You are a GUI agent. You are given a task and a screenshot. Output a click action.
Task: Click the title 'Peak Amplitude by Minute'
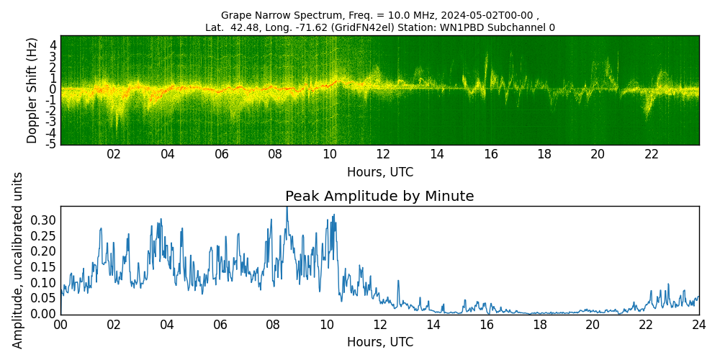(379, 197)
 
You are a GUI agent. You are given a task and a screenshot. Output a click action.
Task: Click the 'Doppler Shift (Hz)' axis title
(32, 90)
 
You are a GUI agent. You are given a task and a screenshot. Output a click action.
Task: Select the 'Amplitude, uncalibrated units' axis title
(18, 260)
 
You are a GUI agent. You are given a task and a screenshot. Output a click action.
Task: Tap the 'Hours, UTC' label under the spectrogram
(379, 173)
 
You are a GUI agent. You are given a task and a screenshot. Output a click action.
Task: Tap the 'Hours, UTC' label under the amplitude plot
(379, 342)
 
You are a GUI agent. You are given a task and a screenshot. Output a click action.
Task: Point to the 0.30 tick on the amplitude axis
(43, 220)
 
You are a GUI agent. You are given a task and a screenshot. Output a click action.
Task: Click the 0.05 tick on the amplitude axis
(43, 298)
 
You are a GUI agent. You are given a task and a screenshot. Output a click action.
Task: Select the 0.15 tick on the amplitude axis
(43, 266)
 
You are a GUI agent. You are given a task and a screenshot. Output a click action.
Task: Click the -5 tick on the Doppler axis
(52, 145)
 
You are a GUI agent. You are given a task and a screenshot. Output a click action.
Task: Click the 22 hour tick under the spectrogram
(652, 154)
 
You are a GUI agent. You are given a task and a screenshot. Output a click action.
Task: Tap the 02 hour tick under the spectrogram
(114, 154)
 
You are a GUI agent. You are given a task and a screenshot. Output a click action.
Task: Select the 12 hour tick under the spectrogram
(382, 154)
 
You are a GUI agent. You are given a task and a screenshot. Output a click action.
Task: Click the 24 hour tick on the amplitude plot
(698, 324)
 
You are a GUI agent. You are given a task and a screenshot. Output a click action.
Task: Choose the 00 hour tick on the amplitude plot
(60, 324)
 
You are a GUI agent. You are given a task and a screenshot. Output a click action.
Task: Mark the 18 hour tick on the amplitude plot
(539, 324)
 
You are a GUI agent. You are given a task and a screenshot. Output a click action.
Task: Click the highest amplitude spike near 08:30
(287, 208)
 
